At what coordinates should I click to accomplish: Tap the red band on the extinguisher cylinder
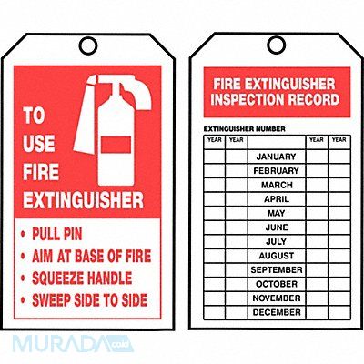pos(116,145)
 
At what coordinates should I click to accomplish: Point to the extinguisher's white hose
pos(86,116)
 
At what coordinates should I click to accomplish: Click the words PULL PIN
pos(57,234)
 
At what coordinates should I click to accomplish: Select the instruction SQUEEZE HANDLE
pos(82,278)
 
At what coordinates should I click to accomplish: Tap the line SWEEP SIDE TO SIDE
pos(89,300)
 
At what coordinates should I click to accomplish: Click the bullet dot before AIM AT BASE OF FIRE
pos(23,257)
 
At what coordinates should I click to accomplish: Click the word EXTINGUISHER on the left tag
pos(83,200)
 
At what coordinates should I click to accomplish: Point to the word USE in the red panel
pos(39,144)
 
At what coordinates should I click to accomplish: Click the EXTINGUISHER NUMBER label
pos(244,129)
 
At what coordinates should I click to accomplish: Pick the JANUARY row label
pos(276,157)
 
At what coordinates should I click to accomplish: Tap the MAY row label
pos(276,213)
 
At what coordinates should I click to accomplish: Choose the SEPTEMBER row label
pos(277,270)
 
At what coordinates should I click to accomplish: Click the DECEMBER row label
pos(277,312)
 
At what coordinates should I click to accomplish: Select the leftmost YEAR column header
pos(215,140)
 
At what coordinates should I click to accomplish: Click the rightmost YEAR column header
pos(339,140)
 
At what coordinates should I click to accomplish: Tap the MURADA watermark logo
pos(73,344)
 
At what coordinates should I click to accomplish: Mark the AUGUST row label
pos(277,256)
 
